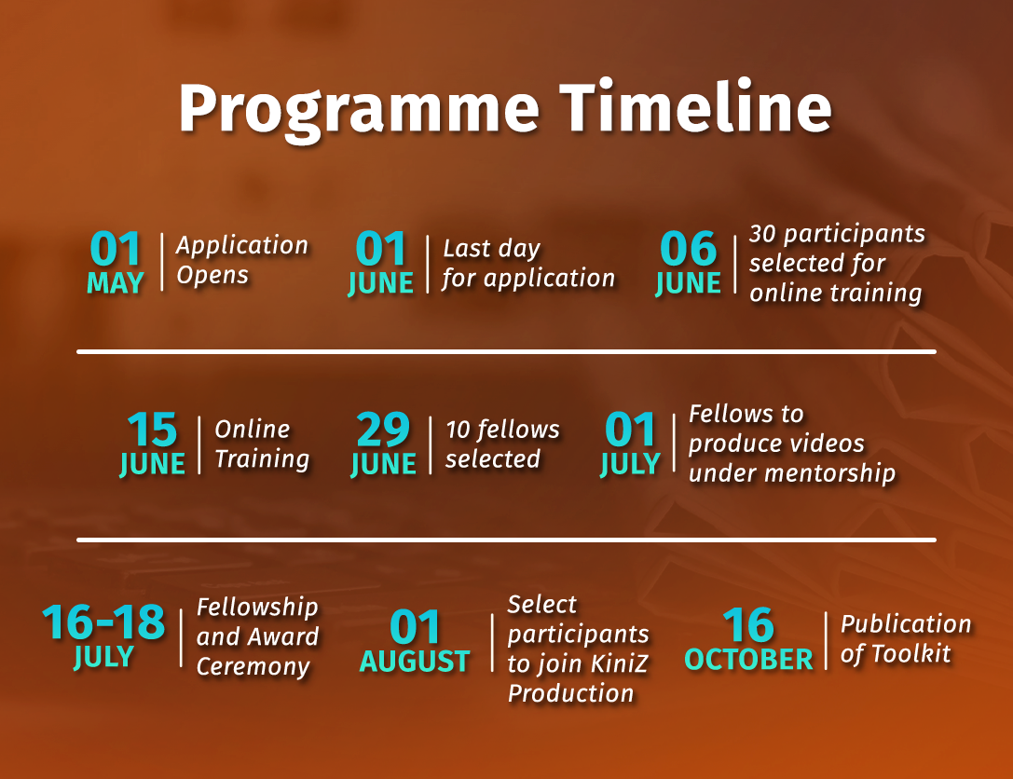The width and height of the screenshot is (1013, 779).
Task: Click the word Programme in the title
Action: pos(359,110)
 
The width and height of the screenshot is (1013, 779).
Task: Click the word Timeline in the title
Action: pos(695,106)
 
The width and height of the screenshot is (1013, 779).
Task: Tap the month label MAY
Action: pos(115,283)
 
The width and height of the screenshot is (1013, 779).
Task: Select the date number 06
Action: pos(688,249)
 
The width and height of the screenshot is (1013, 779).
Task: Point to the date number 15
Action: pos(152,430)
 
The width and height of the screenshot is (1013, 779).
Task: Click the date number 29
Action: pos(383,430)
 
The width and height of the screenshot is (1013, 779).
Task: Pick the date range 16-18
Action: pos(103,622)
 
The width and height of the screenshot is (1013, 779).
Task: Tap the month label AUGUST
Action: pos(415,662)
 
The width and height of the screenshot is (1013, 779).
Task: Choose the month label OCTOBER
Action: pos(748,660)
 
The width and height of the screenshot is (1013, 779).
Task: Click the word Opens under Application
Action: pos(212,276)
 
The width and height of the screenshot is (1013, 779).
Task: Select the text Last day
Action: pos(492,248)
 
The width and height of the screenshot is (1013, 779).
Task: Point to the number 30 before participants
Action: pos(762,234)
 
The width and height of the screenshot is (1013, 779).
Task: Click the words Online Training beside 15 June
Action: pos(262,444)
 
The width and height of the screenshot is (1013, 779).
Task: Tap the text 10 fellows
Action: pos(502,430)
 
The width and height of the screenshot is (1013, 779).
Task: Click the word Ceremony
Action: pos(253,667)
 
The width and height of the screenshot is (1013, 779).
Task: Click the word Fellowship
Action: pos(257,608)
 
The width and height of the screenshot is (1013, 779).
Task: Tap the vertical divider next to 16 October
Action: pos(827,640)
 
